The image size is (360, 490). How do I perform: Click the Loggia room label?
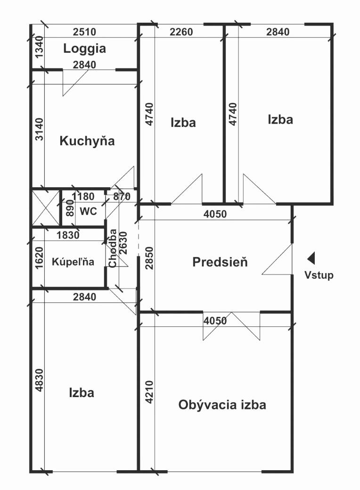click(x=85, y=48)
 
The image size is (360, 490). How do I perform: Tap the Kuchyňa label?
click(x=87, y=141)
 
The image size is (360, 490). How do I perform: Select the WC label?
click(x=88, y=211)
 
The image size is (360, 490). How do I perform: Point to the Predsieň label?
click(x=220, y=262)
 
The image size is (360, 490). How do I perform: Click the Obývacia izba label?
click(x=222, y=405)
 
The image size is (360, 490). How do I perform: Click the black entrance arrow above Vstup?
click(x=311, y=258)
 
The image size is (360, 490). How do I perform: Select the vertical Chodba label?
click(x=113, y=249)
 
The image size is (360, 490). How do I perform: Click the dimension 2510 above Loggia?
click(x=85, y=32)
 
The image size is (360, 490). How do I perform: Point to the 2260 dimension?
click(x=181, y=32)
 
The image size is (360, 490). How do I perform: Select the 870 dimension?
click(x=122, y=197)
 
